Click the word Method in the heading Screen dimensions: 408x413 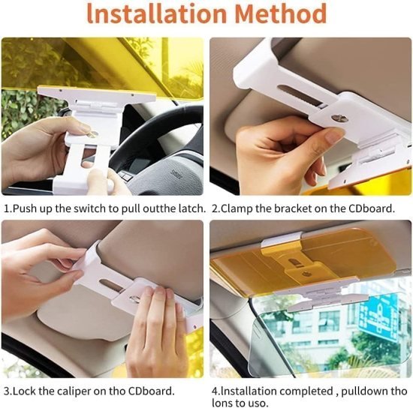click(x=285, y=14)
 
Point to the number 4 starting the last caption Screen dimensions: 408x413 click(x=214, y=391)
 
